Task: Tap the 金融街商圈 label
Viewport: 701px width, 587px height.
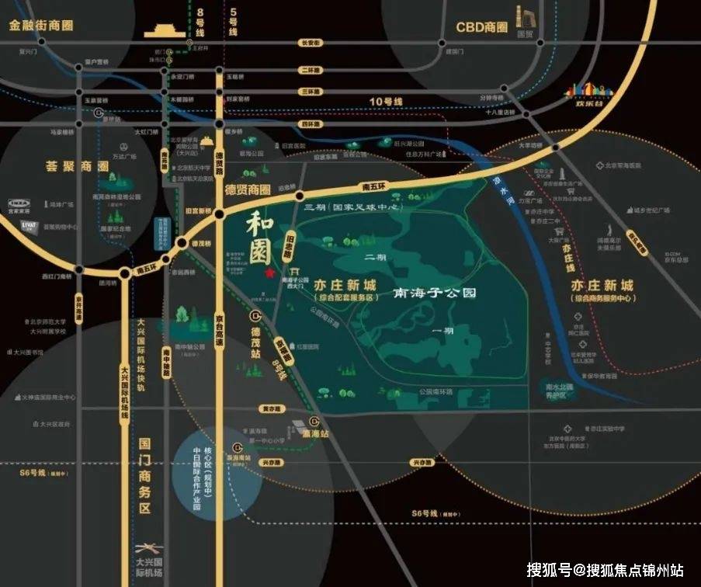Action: [41, 25]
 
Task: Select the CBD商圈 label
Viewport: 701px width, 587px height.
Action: [481, 28]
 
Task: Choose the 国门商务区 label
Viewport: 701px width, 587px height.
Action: [143, 467]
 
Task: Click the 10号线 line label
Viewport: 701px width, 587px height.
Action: [387, 102]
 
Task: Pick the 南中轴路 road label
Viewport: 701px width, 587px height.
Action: [165, 362]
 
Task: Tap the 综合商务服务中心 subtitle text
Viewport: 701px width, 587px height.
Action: [602, 299]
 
